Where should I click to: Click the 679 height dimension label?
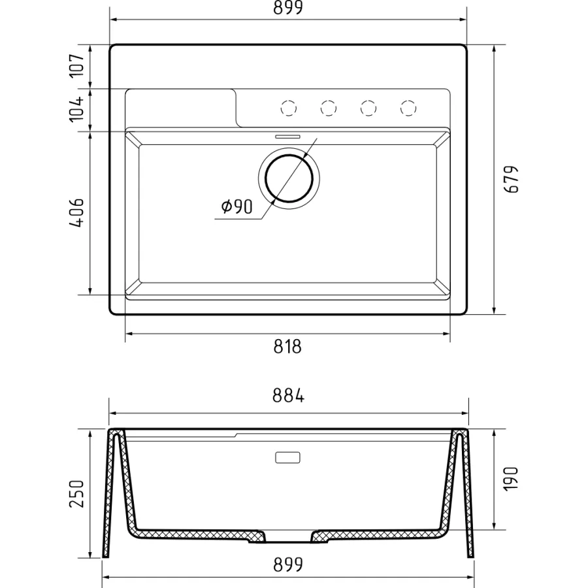[512, 179]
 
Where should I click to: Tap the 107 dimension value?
[77, 65]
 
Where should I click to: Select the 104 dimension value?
[77, 109]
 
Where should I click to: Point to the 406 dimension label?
[76, 212]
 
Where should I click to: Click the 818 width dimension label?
[287, 347]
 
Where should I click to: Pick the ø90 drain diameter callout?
[237, 206]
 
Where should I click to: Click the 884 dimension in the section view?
[288, 395]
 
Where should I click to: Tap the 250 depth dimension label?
[77, 493]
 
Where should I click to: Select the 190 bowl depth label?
[511, 478]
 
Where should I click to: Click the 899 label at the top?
[287, 7]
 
